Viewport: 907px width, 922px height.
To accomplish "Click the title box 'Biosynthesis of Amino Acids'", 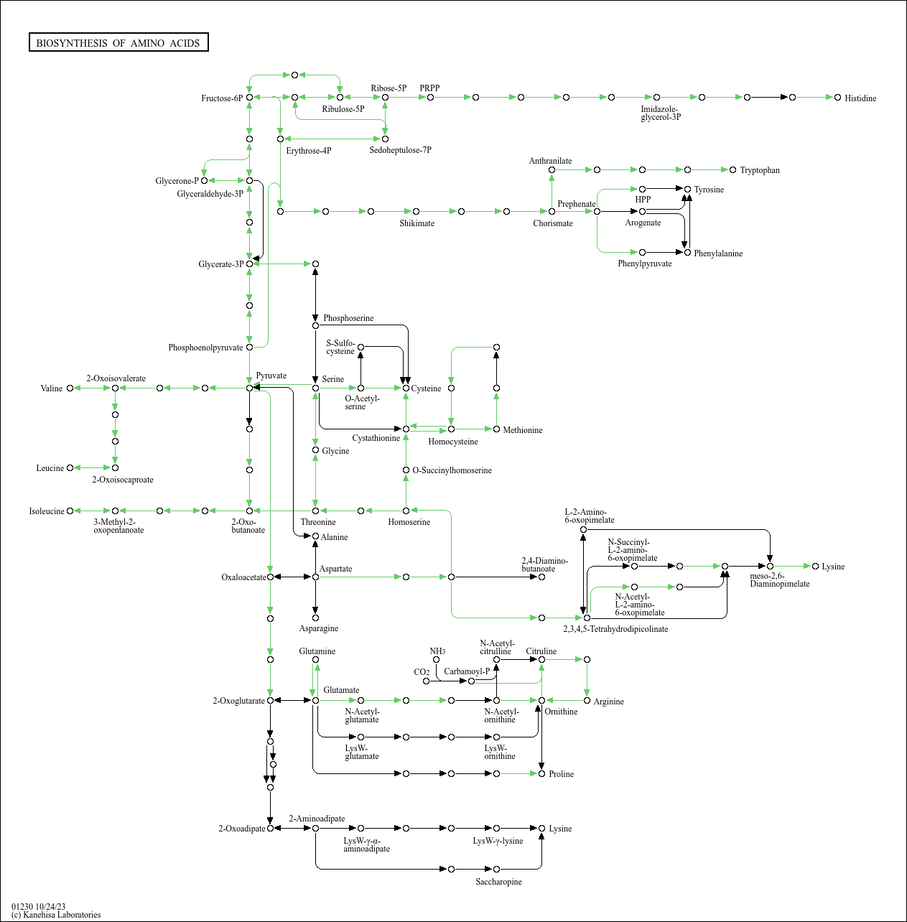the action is pos(118,42).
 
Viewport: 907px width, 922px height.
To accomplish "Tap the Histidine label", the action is pos(860,98).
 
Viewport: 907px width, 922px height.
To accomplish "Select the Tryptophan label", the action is pos(760,170).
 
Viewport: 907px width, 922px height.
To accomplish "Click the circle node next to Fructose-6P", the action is pos(249,98).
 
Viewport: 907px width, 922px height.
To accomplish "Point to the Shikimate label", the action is pos(417,223).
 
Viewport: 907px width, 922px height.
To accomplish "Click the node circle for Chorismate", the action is pos(552,212).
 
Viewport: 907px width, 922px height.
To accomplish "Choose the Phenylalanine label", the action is pos(718,253).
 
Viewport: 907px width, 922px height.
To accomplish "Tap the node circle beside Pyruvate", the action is pos(249,388).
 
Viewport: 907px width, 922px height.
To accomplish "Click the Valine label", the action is pos(51,388).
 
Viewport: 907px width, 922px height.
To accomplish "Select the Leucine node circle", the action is pos(70,468).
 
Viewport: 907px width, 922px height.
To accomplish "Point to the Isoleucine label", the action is pos(47,511).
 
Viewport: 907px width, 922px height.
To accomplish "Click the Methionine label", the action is pos(523,430).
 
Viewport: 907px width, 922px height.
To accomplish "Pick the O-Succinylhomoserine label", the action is pos(452,470).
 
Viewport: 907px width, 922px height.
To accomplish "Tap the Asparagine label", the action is pos(318,628).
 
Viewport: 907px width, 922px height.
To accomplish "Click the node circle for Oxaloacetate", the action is pos(271,577).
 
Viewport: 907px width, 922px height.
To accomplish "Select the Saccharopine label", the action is pos(498,882).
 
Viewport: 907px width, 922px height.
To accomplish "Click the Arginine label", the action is pos(608,702).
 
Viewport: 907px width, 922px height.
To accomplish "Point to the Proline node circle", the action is pos(541,773).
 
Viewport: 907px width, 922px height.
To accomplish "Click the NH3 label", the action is pos(437,651).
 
